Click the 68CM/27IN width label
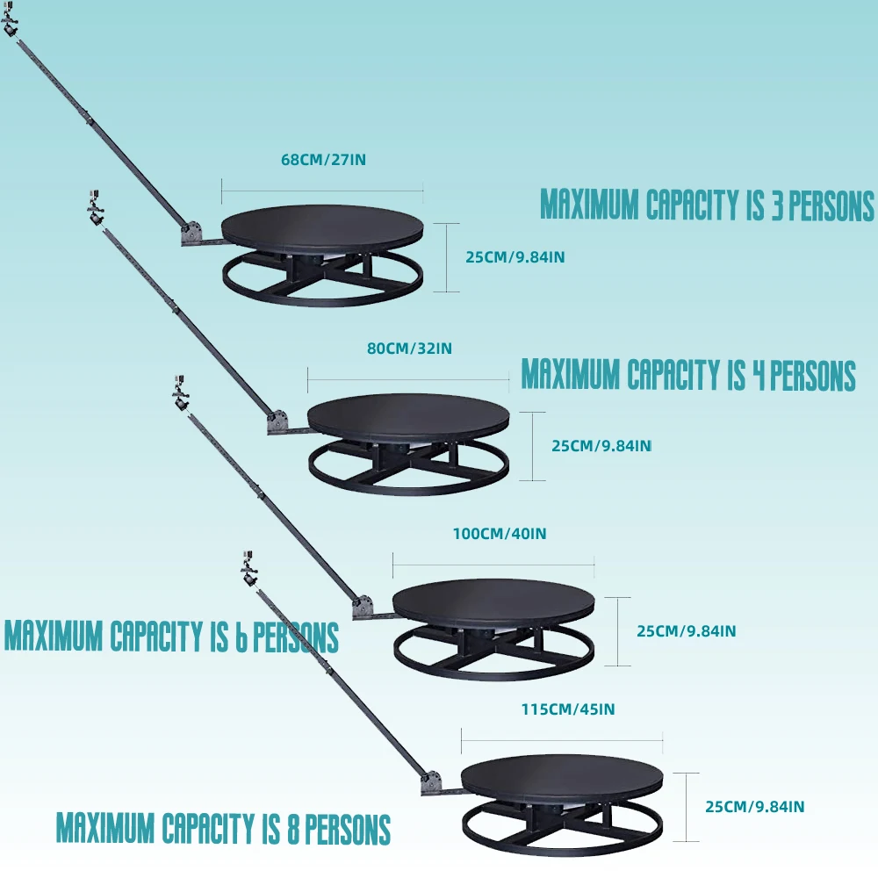(323, 161)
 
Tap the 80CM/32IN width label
(409, 349)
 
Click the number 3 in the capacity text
(776, 205)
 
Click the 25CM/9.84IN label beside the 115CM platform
(755, 806)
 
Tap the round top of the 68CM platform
(322, 227)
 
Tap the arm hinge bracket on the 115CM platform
(432, 783)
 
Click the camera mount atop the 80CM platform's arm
(94, 207)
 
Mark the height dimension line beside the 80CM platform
(532, 446)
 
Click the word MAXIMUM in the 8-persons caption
(106, 828)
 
